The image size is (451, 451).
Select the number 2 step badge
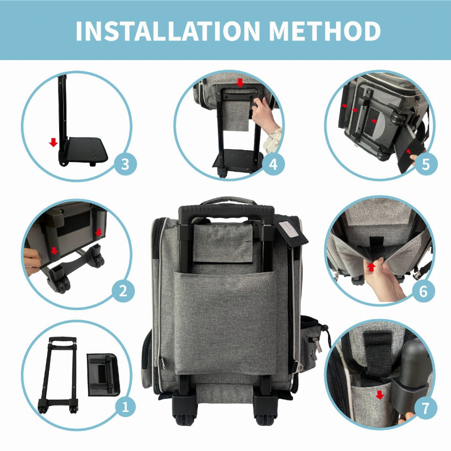click(122, 291)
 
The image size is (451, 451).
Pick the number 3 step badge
click(126, 165)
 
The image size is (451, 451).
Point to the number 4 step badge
click(273, 165)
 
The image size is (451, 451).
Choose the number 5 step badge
click(426, 165)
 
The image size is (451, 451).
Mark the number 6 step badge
click(423, 291)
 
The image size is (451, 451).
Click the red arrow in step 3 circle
click(53, 142)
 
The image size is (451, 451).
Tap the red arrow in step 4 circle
click(240, 82)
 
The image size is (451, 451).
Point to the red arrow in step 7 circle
click(380, 395)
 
